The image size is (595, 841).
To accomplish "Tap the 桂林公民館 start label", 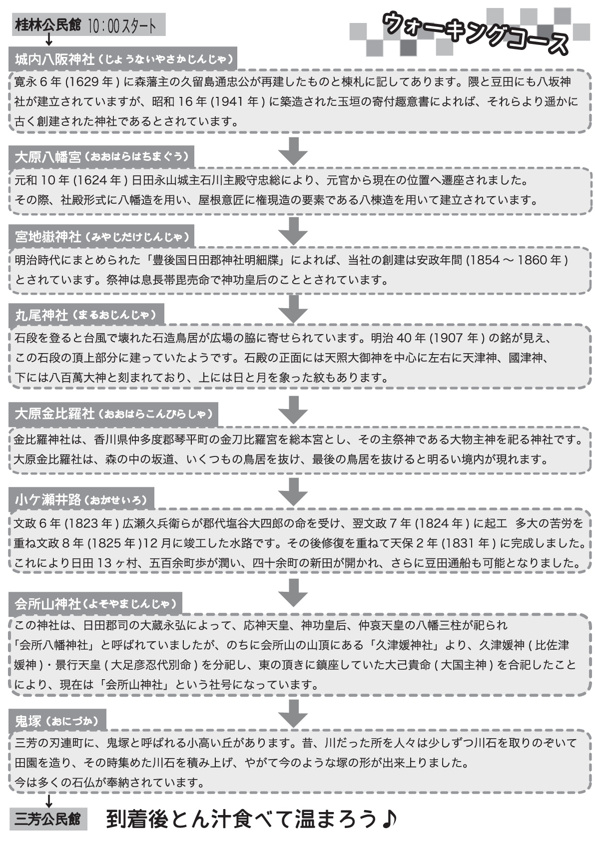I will click(48, 25).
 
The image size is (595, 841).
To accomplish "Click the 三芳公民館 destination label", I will click(48, 820).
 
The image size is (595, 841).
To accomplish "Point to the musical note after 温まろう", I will click(388, 819).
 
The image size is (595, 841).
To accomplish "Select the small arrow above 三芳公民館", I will click(49, 801).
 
